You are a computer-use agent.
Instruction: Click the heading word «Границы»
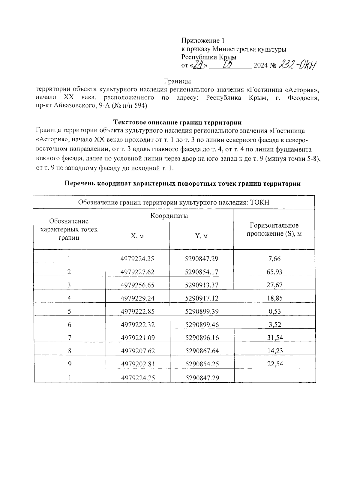(178, 81)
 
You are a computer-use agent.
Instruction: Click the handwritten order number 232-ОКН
(298, 64)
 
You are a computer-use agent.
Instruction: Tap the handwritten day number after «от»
(197, 64)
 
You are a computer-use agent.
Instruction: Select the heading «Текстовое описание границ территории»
(178, 122)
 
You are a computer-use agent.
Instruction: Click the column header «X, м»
(137, 236)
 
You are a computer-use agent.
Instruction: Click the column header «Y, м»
(201, 236)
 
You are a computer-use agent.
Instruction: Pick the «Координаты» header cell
(169, 216)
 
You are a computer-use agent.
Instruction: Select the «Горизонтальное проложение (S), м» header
(274, 229)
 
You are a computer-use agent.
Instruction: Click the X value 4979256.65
(137, 285)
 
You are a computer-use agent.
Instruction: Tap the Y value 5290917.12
(202, 298)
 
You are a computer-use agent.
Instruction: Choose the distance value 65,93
(274, 272)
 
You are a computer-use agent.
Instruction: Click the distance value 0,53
(274, 311)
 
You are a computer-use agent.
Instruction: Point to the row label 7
(69, 338)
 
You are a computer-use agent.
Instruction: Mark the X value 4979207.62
(138, 351)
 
